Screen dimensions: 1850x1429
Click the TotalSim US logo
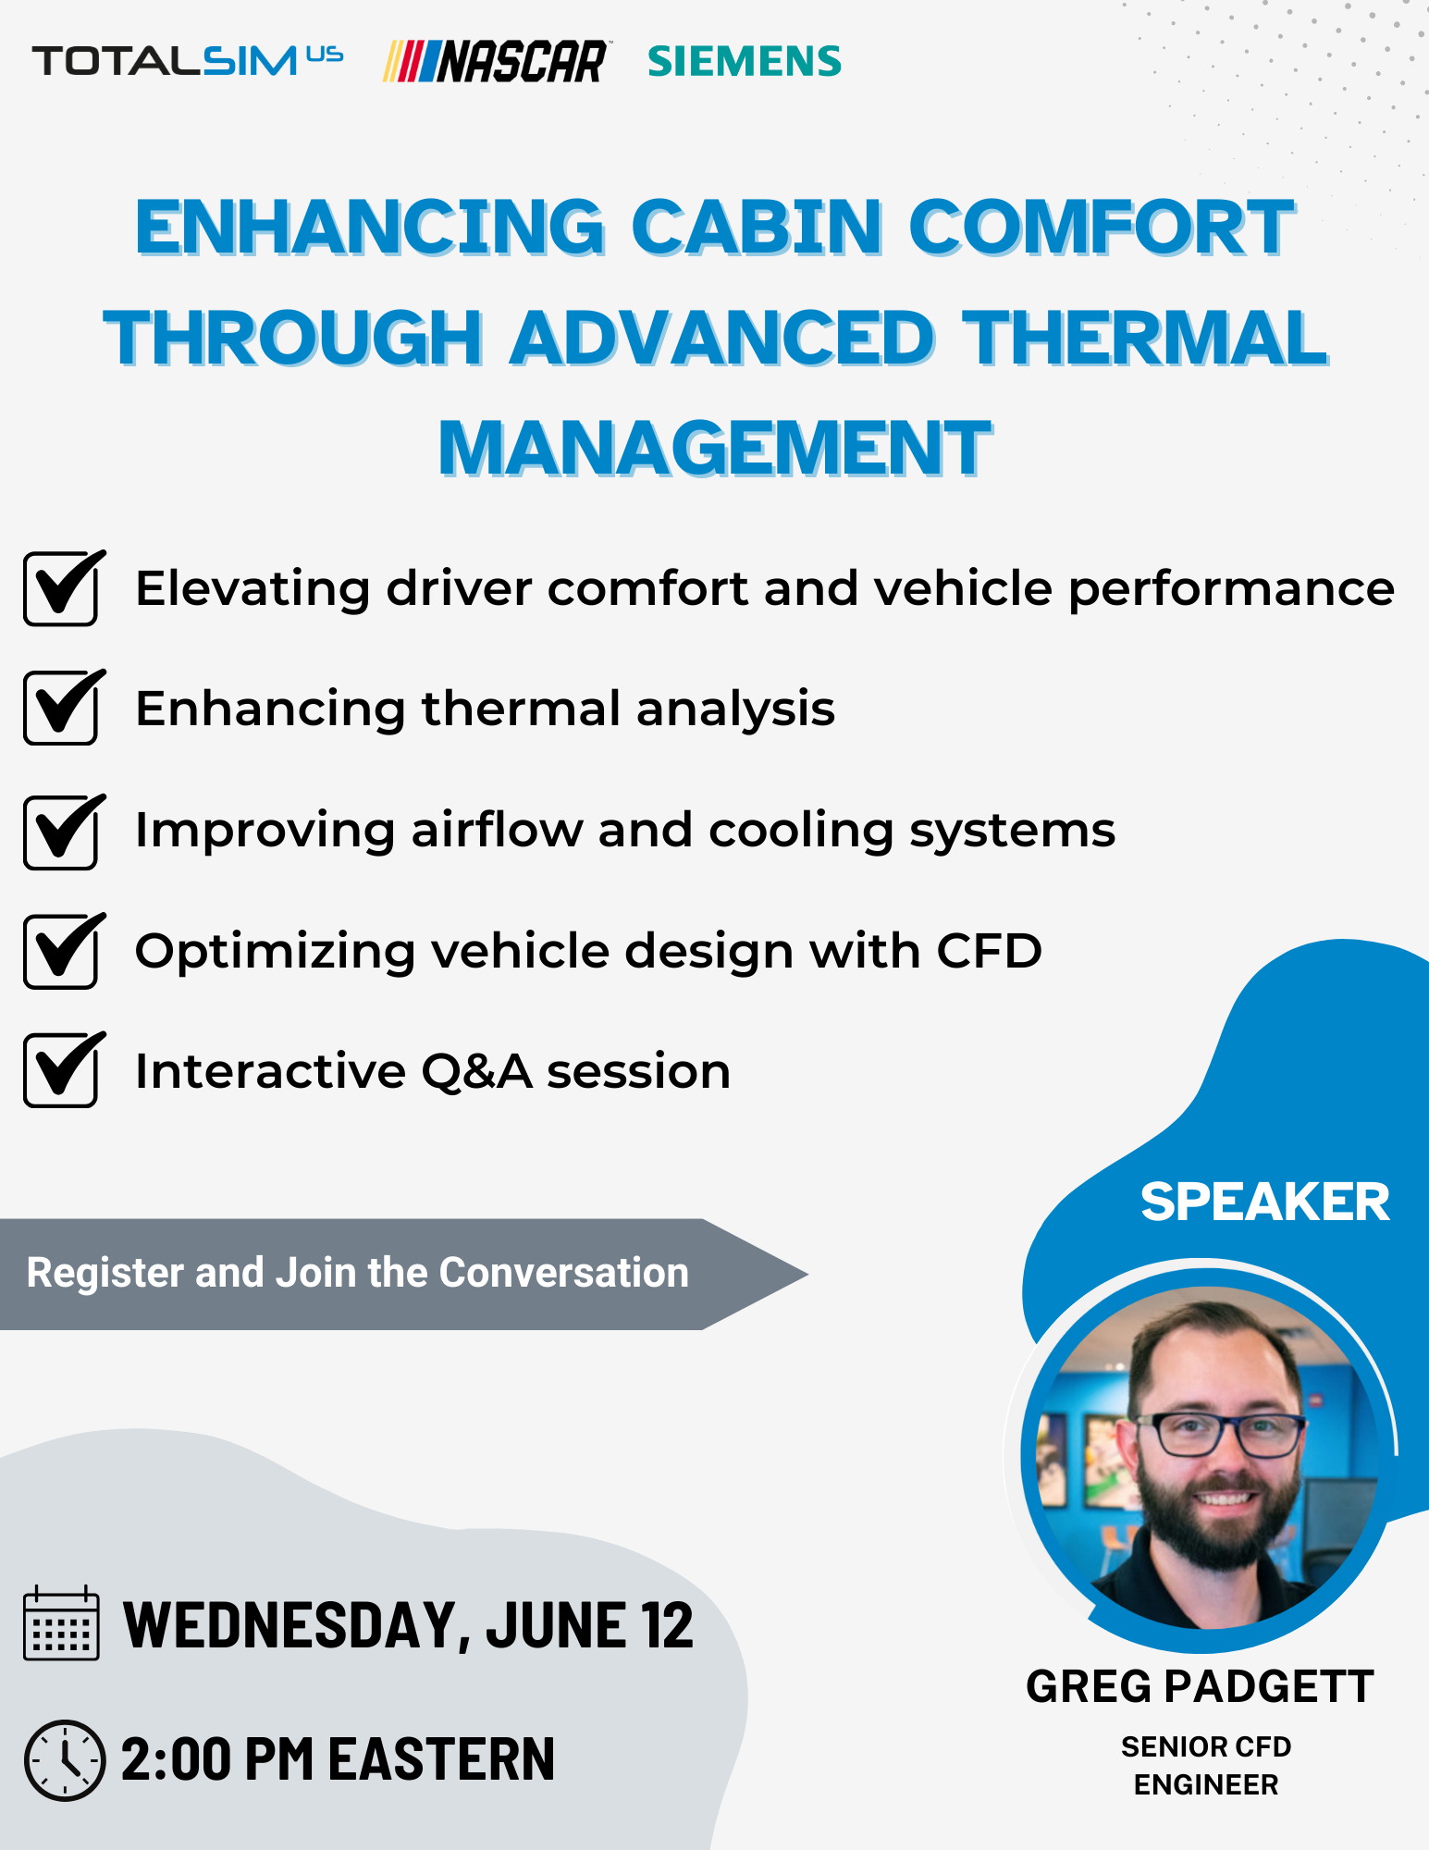point(188,61)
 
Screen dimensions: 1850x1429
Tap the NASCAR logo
point(496,61)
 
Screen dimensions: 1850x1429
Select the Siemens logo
point(745,61)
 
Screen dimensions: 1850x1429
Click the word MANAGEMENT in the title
point(715,449)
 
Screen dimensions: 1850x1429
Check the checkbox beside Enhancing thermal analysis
point(61,709)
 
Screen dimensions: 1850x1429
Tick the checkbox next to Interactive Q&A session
point(61,1071)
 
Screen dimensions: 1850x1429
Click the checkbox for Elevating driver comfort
point(61,589)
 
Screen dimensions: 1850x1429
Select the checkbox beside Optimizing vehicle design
point(61,952)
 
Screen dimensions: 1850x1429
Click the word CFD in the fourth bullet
point(989,951)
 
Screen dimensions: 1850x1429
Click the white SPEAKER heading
point(1264,1202)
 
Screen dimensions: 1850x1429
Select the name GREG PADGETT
point(1200,1686)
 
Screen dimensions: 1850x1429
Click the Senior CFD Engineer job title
point(1206,1765)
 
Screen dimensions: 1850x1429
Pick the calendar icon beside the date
point(61,1625)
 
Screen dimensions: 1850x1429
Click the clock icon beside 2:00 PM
point(64,1760)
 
